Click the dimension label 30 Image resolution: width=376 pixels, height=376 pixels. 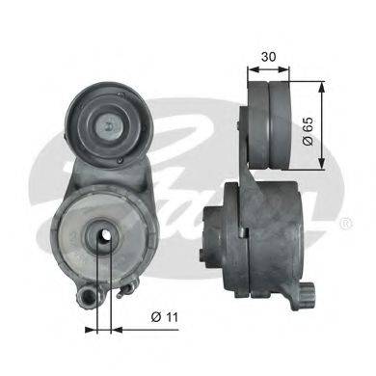[x=268, y=57]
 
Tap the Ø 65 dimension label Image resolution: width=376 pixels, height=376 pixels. [x=308, y=131]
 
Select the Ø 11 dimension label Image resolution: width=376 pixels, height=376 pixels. [x=164, y=317]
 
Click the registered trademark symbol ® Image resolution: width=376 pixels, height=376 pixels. [x=346, y=223]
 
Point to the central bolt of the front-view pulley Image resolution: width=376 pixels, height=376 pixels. [x=109, y=126]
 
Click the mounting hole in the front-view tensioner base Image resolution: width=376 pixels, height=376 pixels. [x=104, y=236]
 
